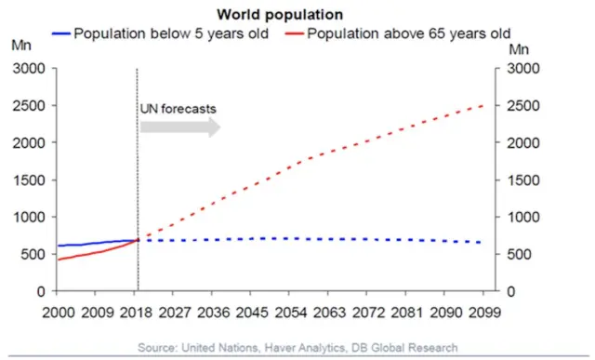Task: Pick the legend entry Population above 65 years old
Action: pyautogui.click(x=408, y=34)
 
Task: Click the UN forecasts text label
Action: pyautogui.click(x=178, y=108)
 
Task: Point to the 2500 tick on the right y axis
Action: pyautogui.click(x=519, y=106)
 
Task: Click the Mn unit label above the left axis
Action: pyautogui.click(x=20, y=44)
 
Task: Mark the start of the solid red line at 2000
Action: pyautogui.click(x=57, y=260)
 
